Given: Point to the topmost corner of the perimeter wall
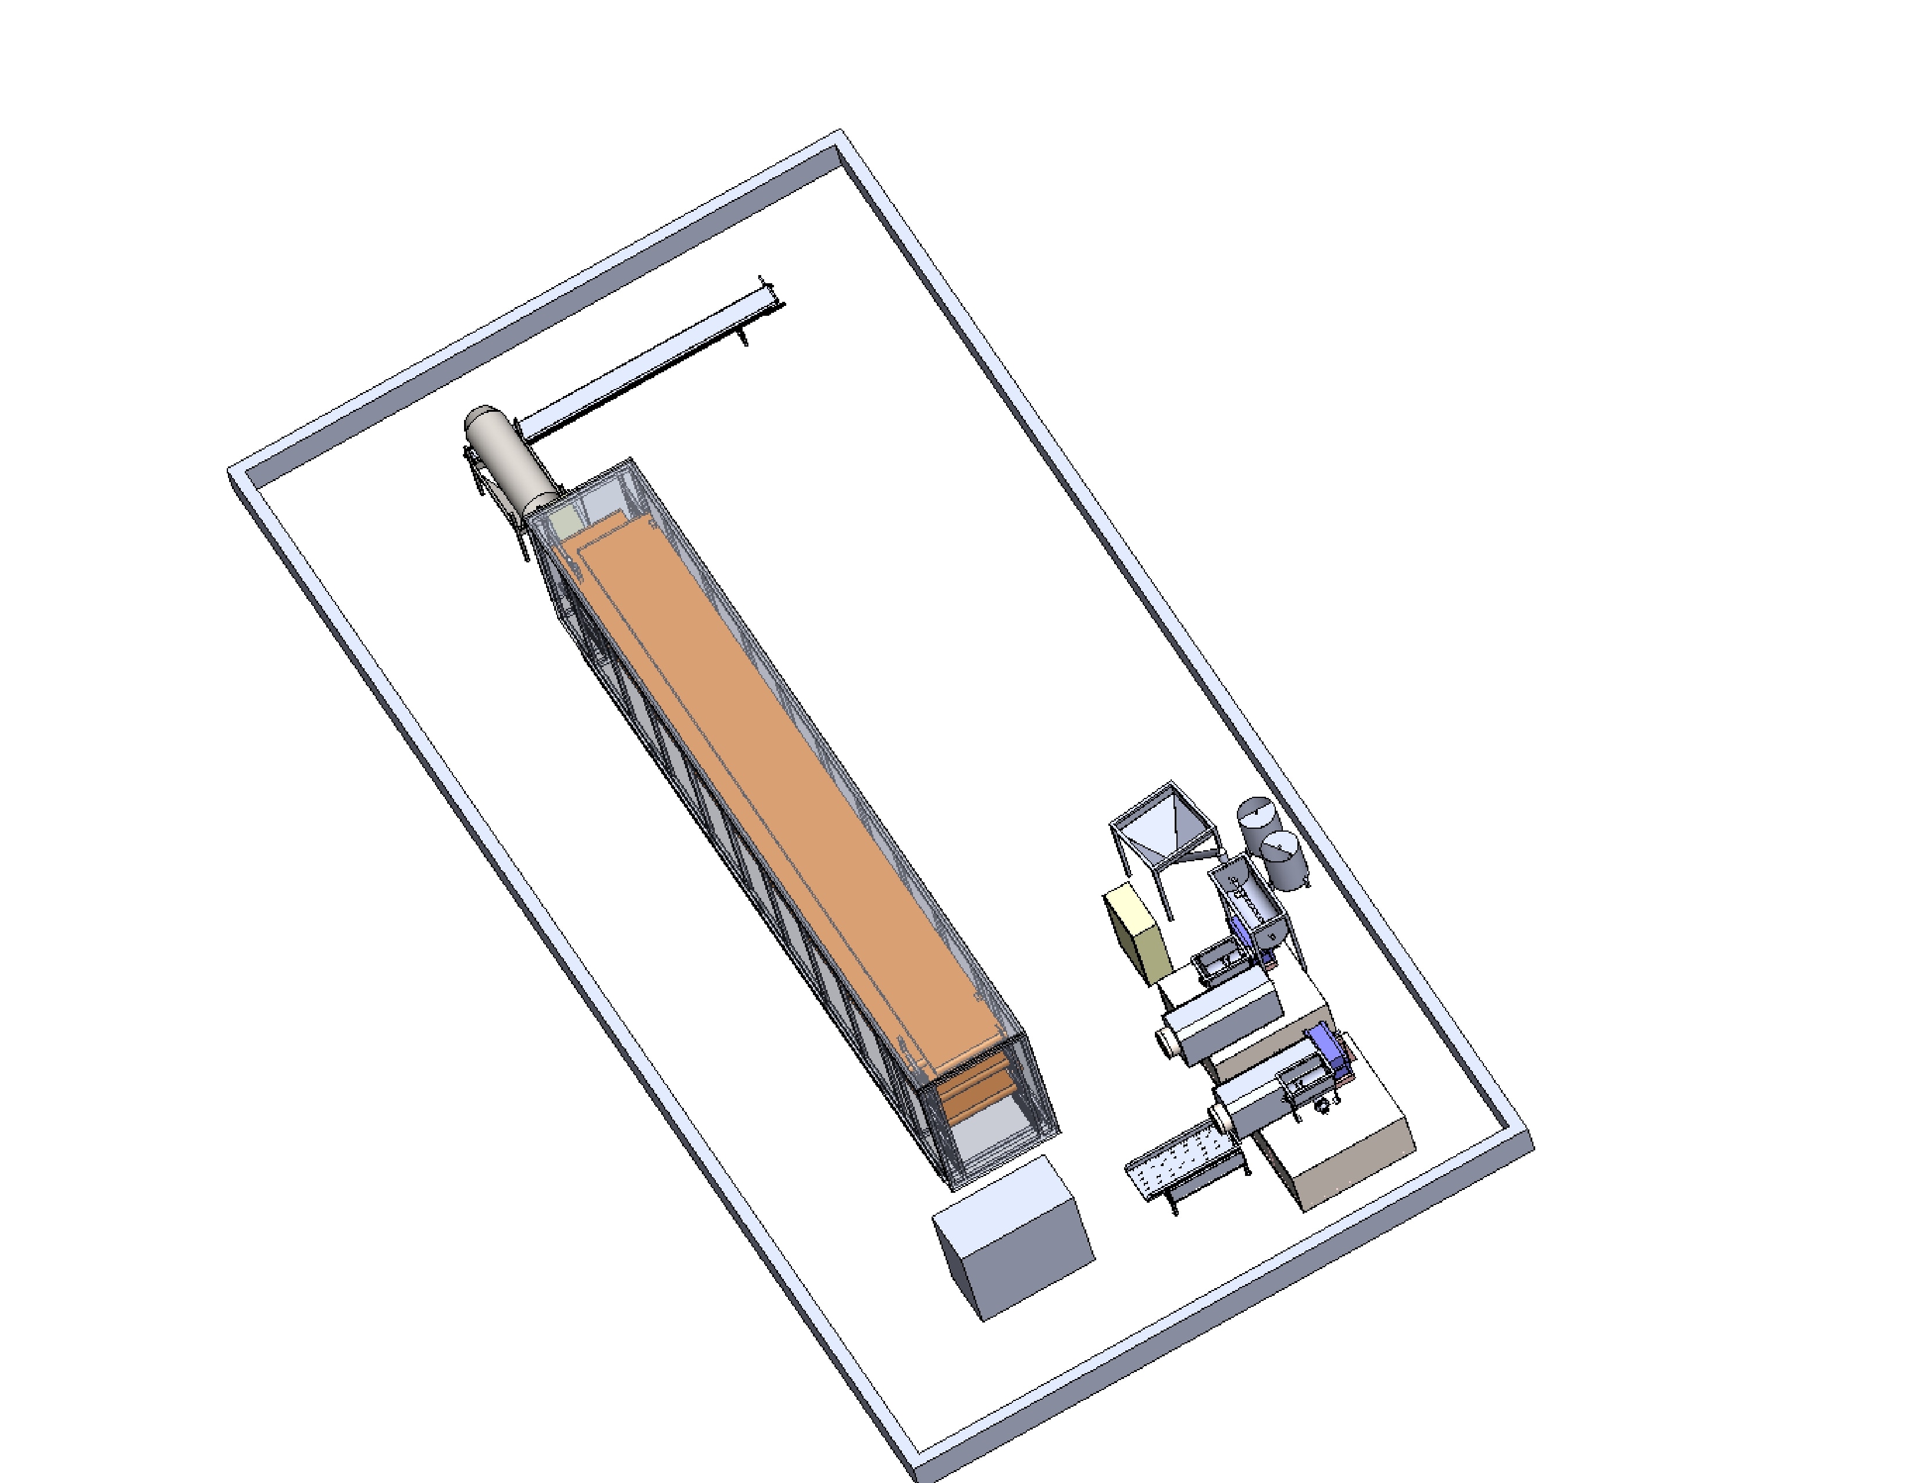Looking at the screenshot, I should tap(839, 134).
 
